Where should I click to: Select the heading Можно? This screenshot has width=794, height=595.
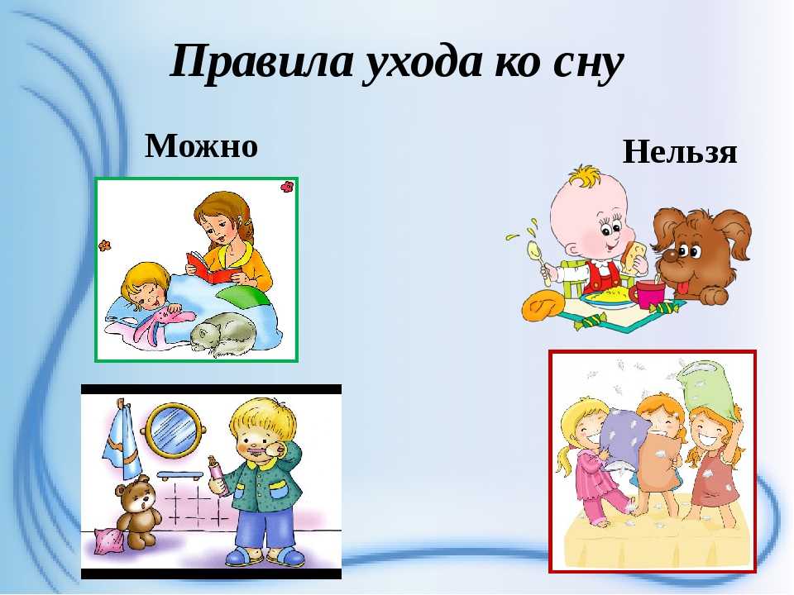click(202, 145)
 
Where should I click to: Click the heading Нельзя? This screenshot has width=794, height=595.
click(680, 152)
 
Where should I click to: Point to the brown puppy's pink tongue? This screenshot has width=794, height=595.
click(682, 288)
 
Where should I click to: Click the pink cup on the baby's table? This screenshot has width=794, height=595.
click(647, 293)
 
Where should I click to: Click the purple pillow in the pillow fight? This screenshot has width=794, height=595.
click(624, 439)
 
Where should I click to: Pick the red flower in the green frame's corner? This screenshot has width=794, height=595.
click(287, 187)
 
